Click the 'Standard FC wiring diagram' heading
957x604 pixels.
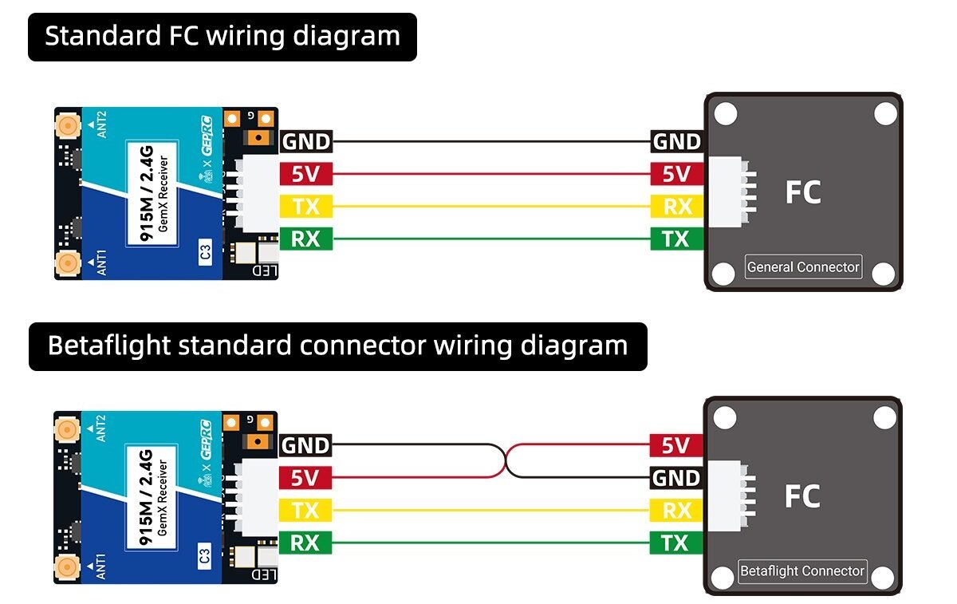(x=222, y=37)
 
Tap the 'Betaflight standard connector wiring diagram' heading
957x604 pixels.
(x=337, y=346)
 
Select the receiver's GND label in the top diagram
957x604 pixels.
(x=305, y=142)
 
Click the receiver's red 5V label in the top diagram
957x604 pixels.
(x=305, y=174)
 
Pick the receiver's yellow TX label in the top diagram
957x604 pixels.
(x=305, y=207)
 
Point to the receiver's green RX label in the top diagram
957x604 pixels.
(x=305, y=239)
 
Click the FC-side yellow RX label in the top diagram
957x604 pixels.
(x=676, y=207)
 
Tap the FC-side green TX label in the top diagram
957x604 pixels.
(x=676, y=239)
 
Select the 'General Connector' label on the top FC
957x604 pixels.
(x=803, y=266)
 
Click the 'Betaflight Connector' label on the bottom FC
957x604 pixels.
(x=801, y=570)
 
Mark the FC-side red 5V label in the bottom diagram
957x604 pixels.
(x=676, y=445)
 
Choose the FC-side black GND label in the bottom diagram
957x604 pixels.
(x=676, y=478)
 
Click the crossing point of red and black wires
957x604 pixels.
(x=506, y=461)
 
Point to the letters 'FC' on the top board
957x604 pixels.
(x=802, y=192)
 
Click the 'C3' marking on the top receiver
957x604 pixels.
(x=205, y=255)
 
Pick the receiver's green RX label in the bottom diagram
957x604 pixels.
(x=305, y=543)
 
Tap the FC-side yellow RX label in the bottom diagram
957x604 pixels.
(x=676, y=511)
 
